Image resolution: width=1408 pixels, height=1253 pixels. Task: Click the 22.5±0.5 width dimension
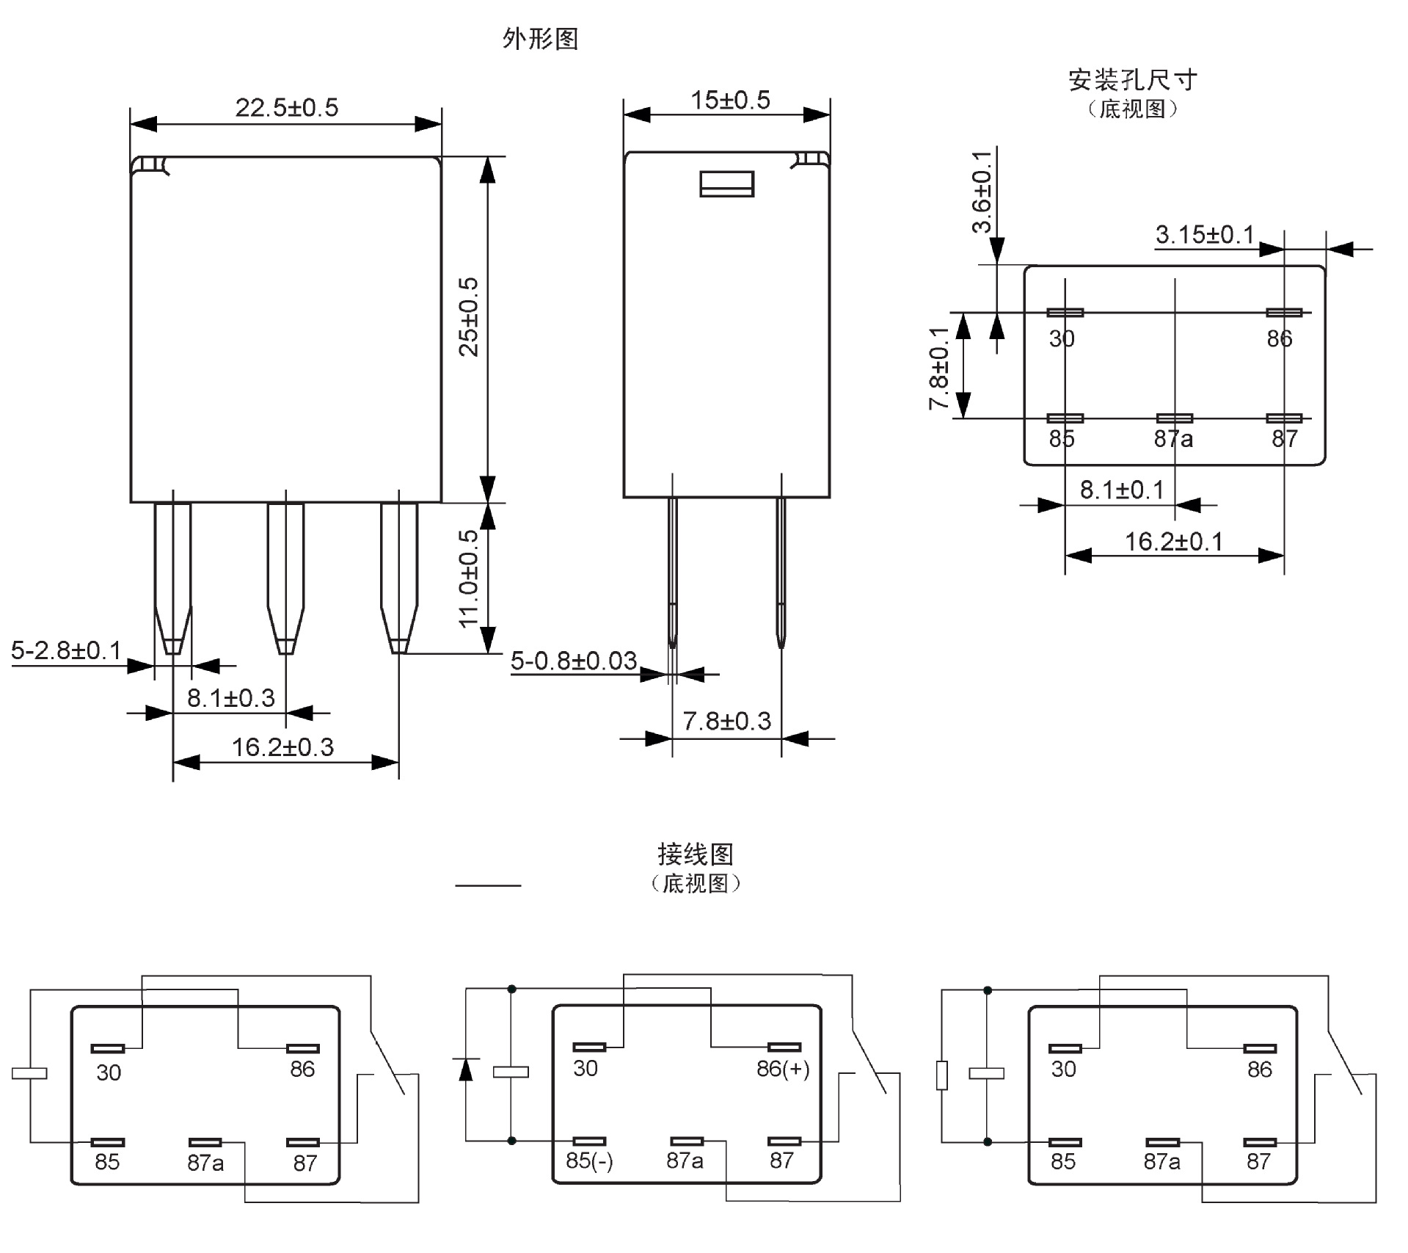click(287, 108)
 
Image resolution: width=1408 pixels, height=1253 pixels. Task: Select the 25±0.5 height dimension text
click(469, 317)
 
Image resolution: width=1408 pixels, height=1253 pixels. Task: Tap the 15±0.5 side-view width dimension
click(730, 101)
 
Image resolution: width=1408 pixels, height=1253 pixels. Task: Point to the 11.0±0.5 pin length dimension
click(469, 579)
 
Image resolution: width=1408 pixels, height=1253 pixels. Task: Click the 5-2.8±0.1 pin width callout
click(66, 650)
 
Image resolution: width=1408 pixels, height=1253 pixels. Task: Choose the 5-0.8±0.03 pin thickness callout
click(573, 661)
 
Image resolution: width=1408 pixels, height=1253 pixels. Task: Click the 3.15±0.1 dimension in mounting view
click(1204, 235)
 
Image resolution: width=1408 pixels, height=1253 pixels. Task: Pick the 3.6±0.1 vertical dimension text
click(981, 192)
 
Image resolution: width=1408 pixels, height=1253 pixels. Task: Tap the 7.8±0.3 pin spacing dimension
click(726, 722)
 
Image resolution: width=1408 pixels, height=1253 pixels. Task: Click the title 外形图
click(540, 39)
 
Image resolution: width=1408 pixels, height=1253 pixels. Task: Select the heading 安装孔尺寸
click(1132, 80)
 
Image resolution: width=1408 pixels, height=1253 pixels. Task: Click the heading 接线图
click(695, 854)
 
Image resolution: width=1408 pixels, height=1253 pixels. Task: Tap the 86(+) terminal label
click(783, 1069)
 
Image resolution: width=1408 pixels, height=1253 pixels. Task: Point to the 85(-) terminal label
click(589, 1161)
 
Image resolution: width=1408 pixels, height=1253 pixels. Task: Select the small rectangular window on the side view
click(726, 184)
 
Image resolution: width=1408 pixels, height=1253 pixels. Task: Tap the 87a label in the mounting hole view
click(1173, 439)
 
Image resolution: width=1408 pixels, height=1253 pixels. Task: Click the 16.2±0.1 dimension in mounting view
click(1174, 542)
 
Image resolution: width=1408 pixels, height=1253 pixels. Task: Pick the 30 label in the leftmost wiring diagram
click(109, 1073)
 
